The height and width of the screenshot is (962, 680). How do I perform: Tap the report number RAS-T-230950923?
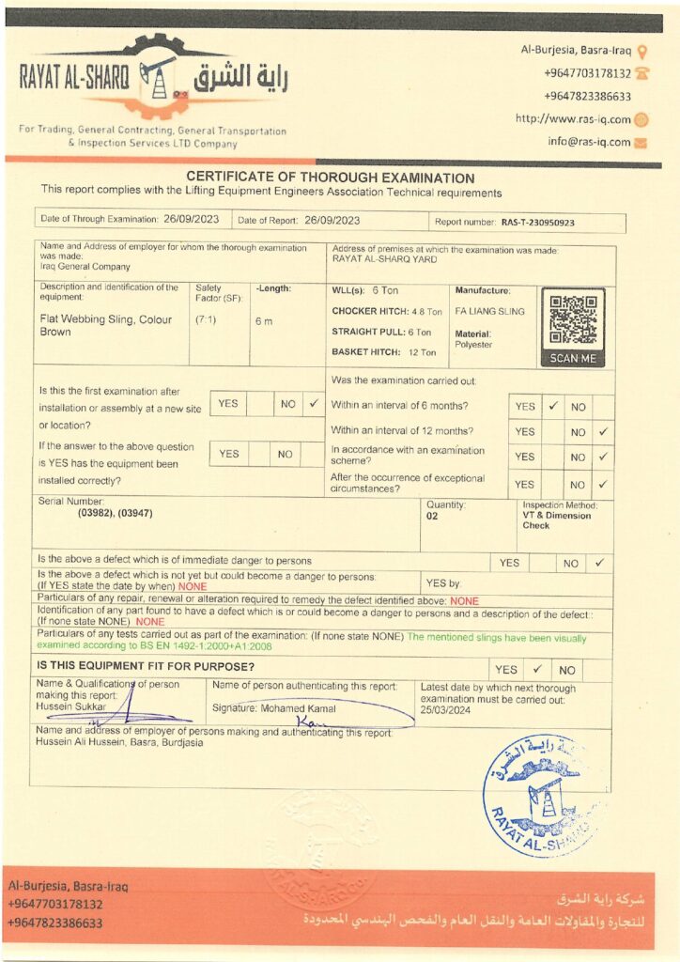tap(537, 223)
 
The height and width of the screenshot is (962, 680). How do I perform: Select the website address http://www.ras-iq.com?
tap(573, 119)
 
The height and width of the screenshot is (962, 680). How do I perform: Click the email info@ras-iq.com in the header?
tap(589, 142)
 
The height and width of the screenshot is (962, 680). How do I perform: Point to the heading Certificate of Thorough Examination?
tap(330, 178)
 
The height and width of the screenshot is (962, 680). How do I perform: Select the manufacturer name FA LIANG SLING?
tap(489, 311)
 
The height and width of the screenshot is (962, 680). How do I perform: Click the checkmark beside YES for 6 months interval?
tap(553, 407)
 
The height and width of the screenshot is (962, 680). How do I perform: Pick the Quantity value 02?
tap(432, 516)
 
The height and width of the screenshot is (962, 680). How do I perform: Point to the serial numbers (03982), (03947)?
tap(116, 514)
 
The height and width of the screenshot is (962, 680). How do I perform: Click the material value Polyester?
tap(473, 345)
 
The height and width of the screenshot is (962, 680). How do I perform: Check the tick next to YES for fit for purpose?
tap(536, 670)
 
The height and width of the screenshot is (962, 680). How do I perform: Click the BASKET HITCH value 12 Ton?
tap(422, 352)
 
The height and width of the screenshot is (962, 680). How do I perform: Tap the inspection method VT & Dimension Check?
tap(557, 520)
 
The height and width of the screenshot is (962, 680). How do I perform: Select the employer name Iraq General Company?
tap(85, 266)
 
